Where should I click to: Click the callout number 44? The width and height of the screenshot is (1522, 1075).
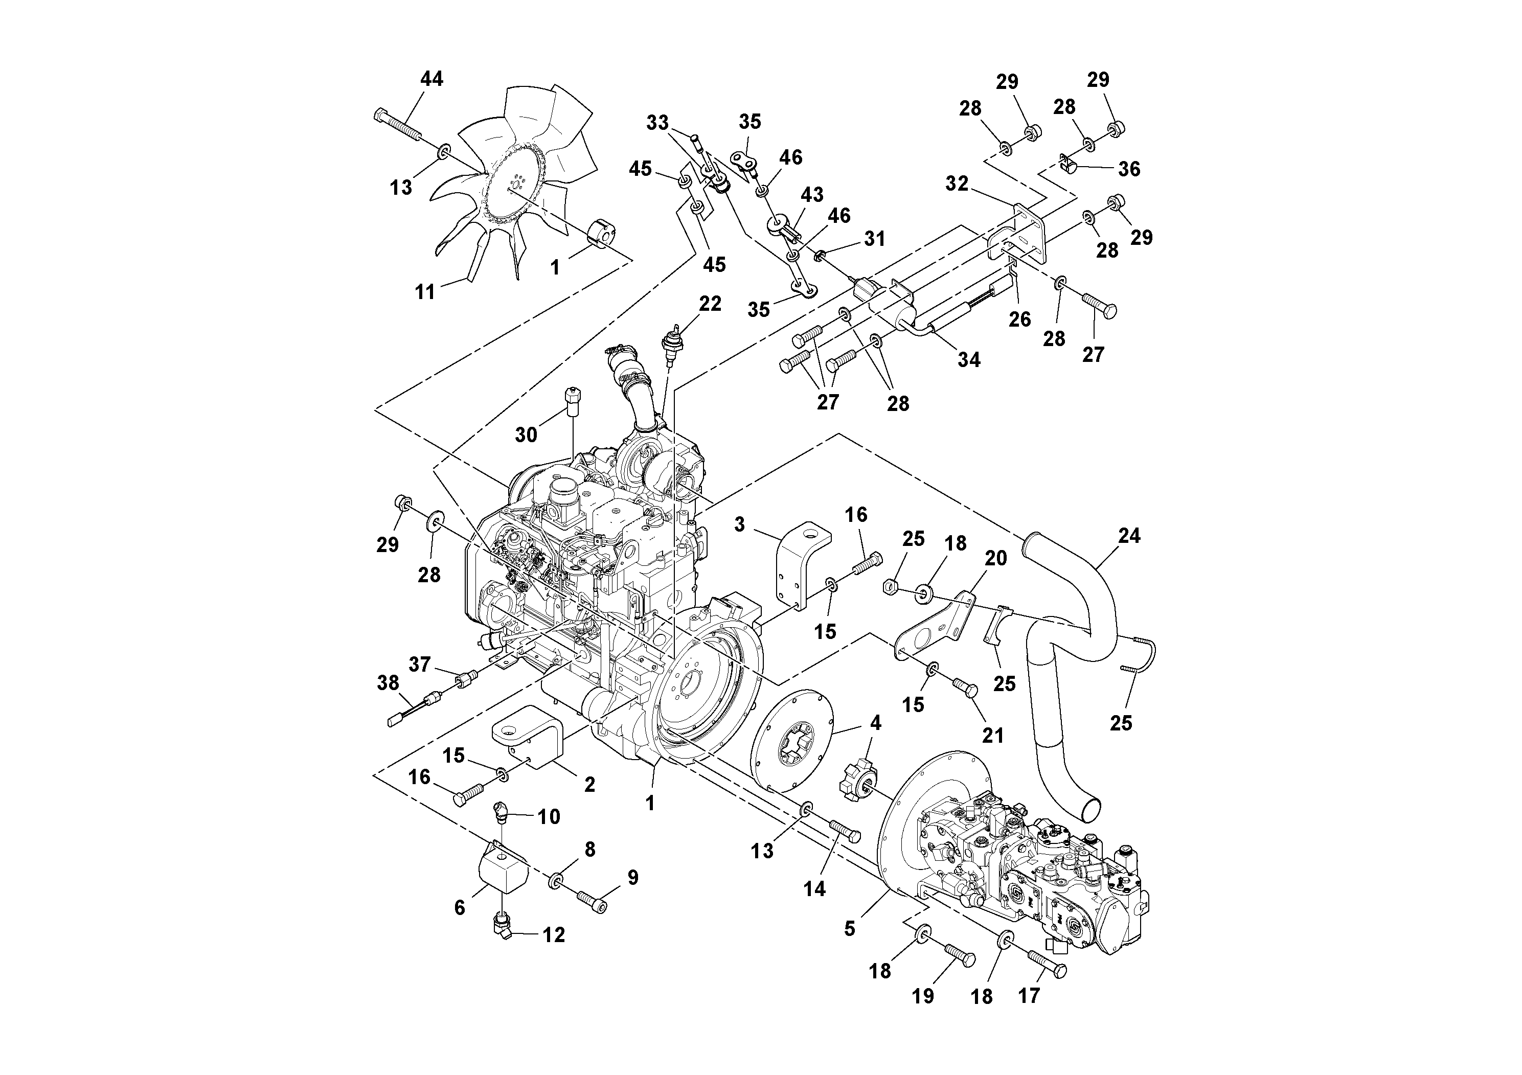click(431, 79)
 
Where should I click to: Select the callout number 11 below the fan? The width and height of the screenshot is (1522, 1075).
click(425, 291)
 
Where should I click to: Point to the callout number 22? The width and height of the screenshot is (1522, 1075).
click(710, 304)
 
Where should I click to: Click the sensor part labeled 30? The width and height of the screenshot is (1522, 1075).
click(572, 401)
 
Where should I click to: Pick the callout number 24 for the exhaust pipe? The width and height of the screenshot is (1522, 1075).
click(1129, 536)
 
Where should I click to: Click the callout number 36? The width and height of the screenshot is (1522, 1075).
click(1129, 169)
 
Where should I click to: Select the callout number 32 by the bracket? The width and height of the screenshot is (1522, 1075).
click(957, 184)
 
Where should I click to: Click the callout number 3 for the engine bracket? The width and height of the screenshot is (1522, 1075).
click(740, 524)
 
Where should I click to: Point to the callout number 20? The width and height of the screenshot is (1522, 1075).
click(995, 559)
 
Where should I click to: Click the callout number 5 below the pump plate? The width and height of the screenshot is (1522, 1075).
click(850, 928)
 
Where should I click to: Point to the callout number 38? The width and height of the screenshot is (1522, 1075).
click(388, 682)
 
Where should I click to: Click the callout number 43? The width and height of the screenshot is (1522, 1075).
click(811, 194)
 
